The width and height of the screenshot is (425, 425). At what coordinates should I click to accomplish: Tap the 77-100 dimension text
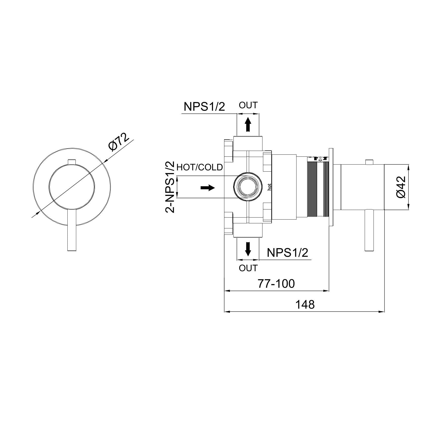pyautogui.click(x=276, y=284)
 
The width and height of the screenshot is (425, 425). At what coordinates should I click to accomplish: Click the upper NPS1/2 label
pyautogui.click(x=204, y=107)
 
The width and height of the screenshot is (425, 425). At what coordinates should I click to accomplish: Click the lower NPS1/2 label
pyautogui.click(x=287, y=252)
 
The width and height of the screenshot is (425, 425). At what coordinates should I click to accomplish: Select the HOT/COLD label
pyautogui.click(x=200, y=167)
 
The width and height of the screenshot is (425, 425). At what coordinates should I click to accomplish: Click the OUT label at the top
pyautogui.click(x=248, y=105)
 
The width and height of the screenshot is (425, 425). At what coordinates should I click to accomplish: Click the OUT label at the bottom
pyautogui.click(x=248, y=268)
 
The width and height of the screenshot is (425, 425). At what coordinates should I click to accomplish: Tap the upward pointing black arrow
pyautogui.click(x=248, y=124)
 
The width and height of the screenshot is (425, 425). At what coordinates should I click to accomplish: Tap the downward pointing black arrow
pyautogui.click(x=248, y=249)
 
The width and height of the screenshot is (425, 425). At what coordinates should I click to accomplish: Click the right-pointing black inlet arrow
pyautogui.click(x=207, y=188)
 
